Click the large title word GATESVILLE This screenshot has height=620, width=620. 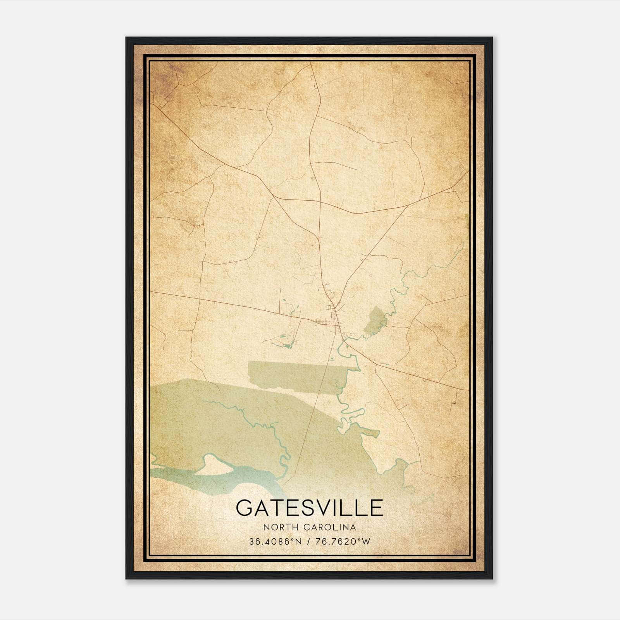309,508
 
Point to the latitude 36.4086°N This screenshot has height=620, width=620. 275,542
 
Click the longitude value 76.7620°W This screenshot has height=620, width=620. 343,542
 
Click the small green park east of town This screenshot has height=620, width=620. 374,320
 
